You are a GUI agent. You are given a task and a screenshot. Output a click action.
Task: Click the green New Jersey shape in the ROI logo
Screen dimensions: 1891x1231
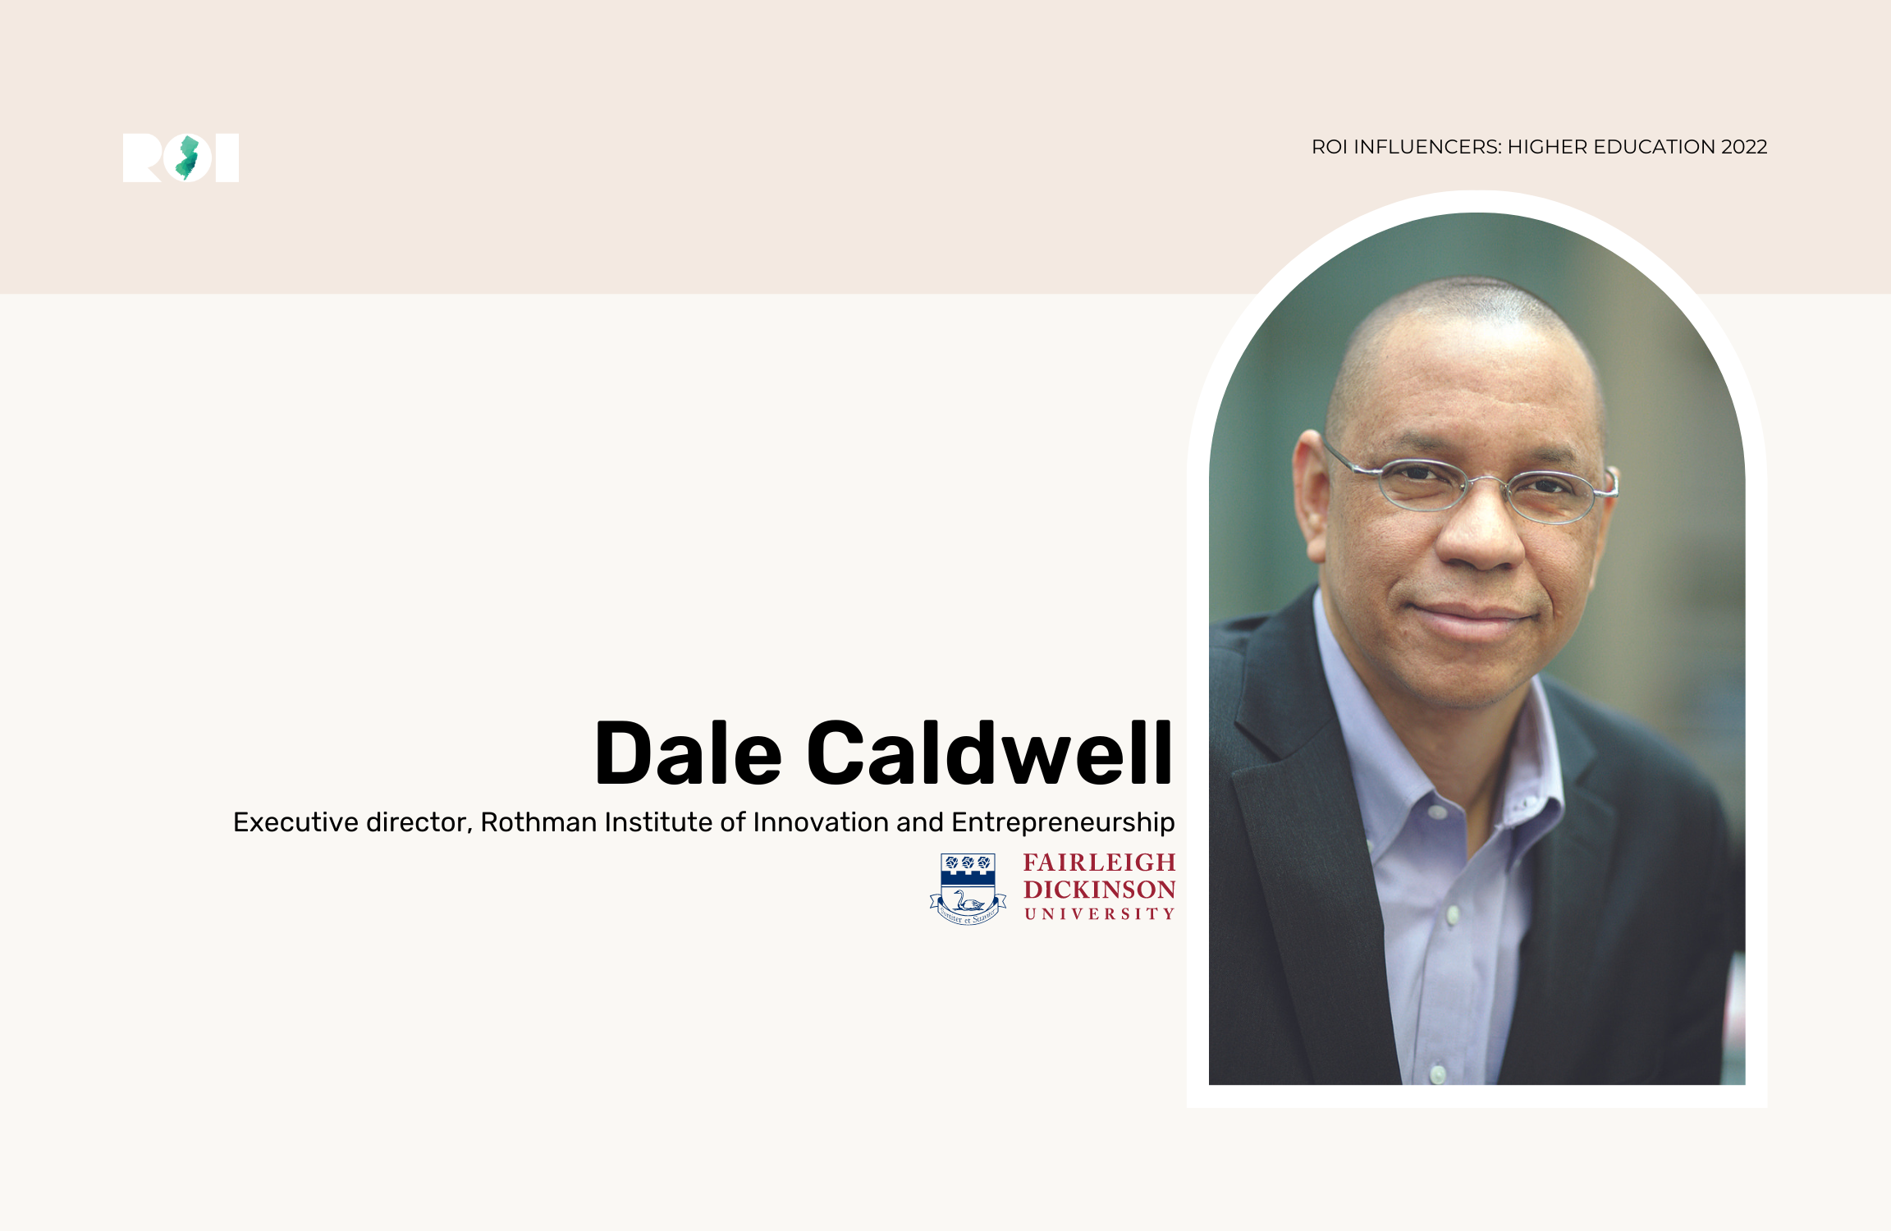(188, 158)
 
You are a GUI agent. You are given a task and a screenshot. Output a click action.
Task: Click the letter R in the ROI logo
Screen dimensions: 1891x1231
(141, 158)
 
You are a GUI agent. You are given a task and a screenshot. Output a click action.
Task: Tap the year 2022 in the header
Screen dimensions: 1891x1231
(1744, 147)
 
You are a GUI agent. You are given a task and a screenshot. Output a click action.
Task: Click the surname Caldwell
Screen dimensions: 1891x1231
(990, 752)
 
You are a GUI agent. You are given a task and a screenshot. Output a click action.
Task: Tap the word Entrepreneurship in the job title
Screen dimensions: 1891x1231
(1063, 823)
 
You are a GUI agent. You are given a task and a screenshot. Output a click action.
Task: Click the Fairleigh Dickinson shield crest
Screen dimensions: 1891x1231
(968, 889)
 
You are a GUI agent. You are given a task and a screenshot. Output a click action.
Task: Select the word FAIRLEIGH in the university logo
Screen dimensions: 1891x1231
(1100, 863)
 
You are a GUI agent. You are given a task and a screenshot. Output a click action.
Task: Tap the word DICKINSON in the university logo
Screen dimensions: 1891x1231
(1100, 890)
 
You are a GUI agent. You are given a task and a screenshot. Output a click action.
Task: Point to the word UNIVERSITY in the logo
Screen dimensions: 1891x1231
(1100, 914)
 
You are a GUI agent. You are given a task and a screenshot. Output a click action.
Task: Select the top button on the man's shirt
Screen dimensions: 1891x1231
(1437, 813)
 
